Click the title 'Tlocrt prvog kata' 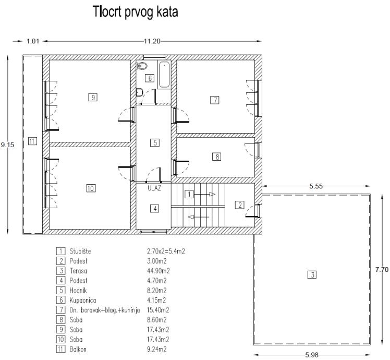pyautogui.click(x=135, y=12)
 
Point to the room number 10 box pyautogui.click(x=91, y=188)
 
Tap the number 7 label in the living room pyautogui.click(x=214, y=100)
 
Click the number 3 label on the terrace pyautogui.click(x=312, y=274)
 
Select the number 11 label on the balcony pyautogui.click(x=32, y=141)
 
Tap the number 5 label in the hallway pyautogui.click(x=154, y=142)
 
